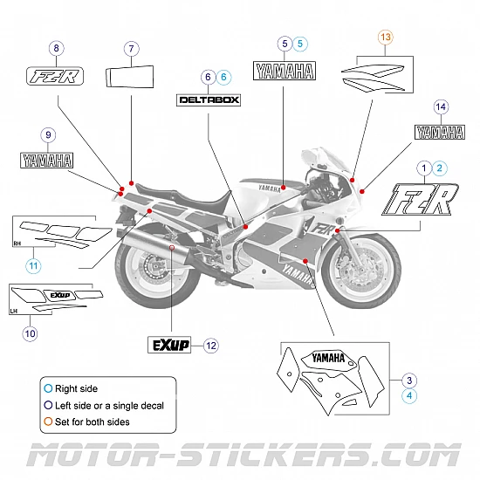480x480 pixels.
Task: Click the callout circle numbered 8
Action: [x=58, y=49]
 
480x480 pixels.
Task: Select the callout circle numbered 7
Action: [x=131, y=49]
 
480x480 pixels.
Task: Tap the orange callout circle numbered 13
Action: [x=386, y=37]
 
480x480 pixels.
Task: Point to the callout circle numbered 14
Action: [x=441, y=106]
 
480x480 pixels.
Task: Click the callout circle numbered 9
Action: [x=48, y=134]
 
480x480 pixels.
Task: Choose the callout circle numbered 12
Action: [x=211, y=345]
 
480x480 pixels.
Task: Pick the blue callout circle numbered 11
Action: [x=32, y=265]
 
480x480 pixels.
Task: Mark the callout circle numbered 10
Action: [x=30, y=333]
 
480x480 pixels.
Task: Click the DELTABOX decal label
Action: [x=209, y=99]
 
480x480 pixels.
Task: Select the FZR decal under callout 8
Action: [x=55, y=76]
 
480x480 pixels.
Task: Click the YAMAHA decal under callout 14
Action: [x=439, y=133]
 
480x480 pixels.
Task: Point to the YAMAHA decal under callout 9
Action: [x=48, y=160]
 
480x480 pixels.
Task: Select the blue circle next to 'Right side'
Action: [x=47, y=388]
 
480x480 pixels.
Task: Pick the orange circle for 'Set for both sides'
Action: [x=47, y=422]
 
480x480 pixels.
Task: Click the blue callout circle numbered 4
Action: [x=409, y=395]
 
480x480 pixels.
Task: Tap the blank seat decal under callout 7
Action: [x=131, y=75]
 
